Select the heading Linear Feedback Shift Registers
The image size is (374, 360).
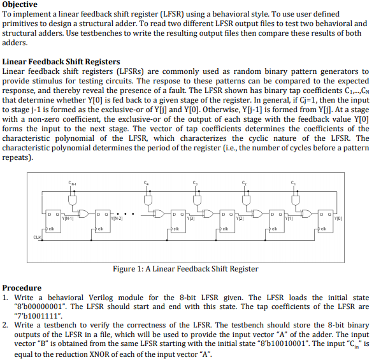coord(61,61)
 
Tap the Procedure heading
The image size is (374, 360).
coord(22,287)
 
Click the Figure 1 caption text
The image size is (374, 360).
coord(185,269)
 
